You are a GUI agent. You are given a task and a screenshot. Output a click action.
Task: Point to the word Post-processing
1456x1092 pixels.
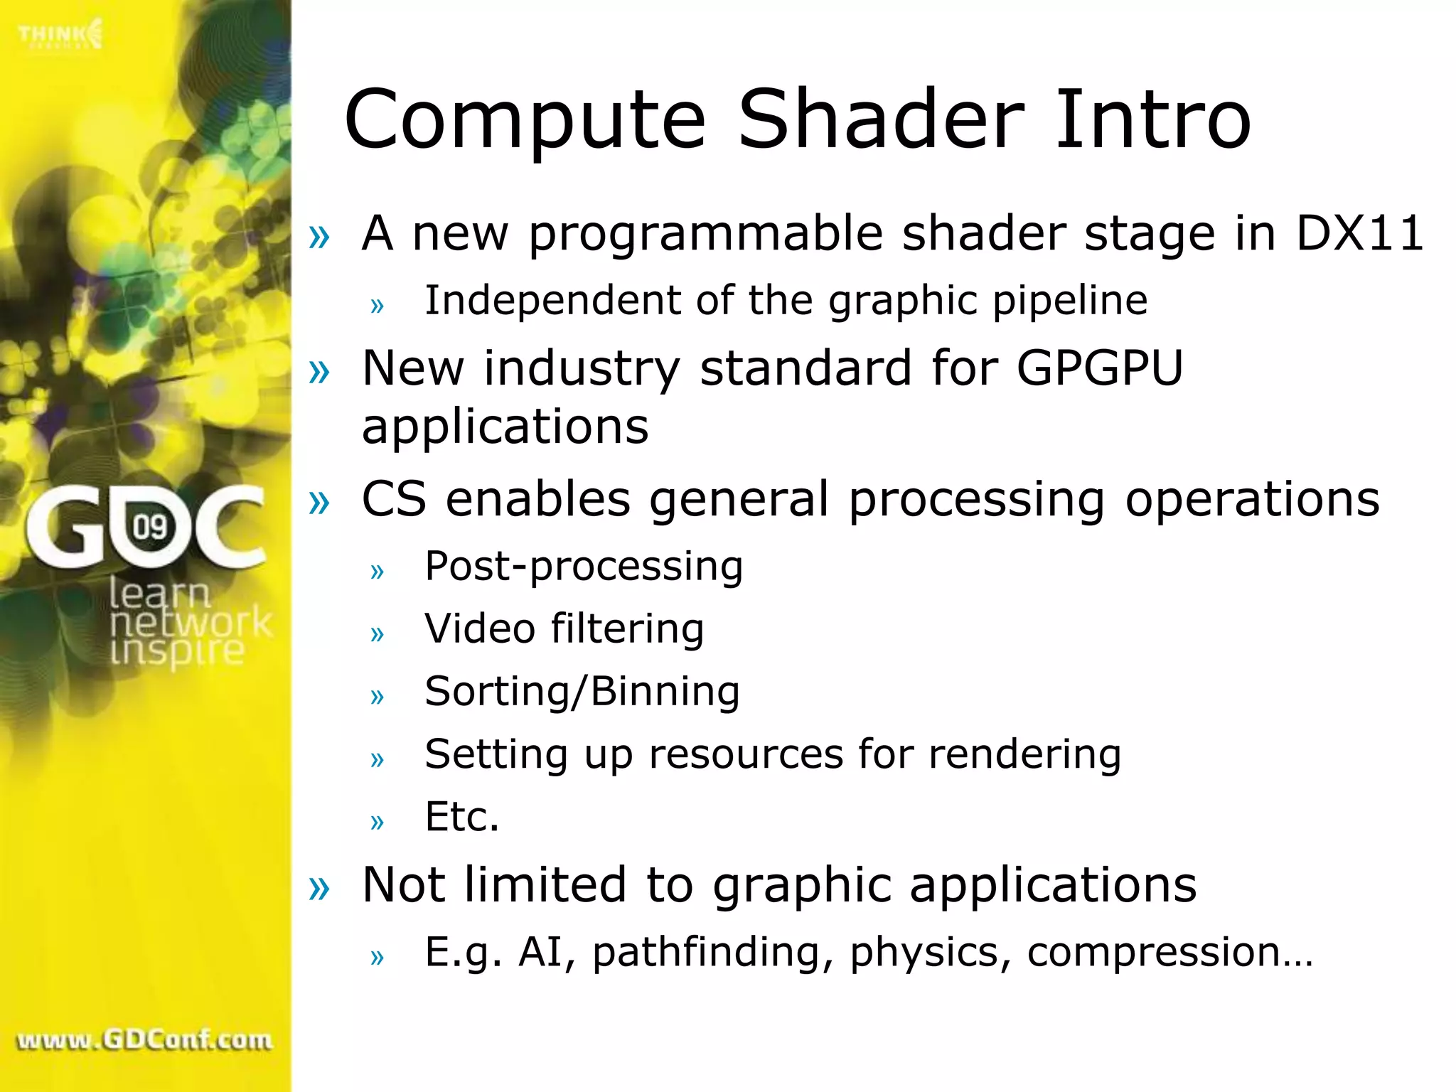[x=583, y=567]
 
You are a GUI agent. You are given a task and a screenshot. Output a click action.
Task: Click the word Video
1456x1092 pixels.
[x=479, y=629]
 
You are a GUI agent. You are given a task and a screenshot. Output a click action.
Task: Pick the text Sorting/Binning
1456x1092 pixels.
[x=582, y=692]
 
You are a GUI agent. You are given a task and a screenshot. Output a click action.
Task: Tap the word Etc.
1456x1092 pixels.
[x=461, y=816]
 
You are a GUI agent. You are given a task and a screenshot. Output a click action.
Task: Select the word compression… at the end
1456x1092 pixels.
[x=1169, y=953]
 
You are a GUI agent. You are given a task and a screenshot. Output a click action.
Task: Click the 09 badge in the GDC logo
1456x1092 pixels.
[x=150, y=527]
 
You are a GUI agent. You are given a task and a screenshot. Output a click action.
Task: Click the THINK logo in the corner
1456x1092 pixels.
[x=60, y=34]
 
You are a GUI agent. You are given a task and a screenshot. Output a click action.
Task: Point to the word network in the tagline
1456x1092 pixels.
[x=191, y=622]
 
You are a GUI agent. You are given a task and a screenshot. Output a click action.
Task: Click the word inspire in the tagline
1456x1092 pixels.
[x=177, y=651]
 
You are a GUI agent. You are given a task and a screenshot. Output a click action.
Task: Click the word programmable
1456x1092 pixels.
[x=705, y=235]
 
